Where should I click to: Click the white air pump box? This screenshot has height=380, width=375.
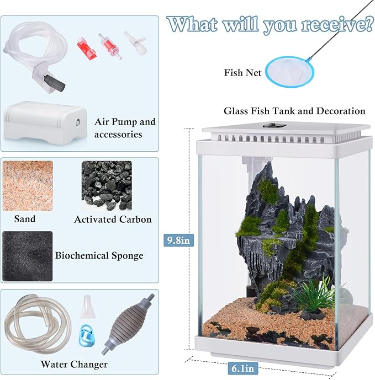point(44,125)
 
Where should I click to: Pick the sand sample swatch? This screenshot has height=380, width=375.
point(28,184)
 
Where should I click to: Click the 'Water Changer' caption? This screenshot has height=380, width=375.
point(74,365)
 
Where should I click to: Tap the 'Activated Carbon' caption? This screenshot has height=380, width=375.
point(113,220)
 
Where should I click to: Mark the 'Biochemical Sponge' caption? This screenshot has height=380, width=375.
point(99,255)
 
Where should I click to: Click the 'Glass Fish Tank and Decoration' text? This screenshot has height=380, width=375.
point(294,111)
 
